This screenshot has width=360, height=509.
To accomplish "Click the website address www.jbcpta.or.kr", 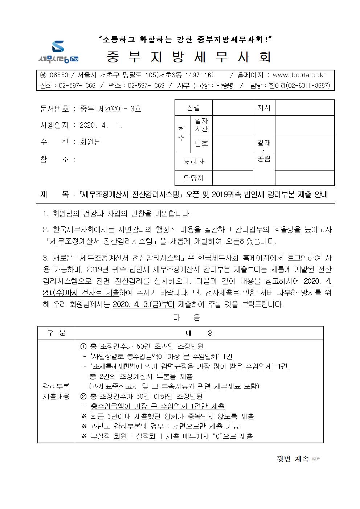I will click(299, 75).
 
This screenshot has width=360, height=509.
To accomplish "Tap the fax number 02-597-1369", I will click(146, 86).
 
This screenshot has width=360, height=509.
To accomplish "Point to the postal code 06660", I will click(58, 75).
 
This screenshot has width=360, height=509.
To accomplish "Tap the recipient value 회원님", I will click(90, 142).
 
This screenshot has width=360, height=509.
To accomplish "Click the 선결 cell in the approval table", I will click(193, 108).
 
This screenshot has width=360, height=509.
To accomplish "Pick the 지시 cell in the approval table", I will click(264, 108).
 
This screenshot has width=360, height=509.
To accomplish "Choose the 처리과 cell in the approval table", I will click(193, 161).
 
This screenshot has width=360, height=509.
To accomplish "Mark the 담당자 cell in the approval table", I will click(193, 178).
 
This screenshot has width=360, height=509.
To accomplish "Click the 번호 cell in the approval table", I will click(201, 143).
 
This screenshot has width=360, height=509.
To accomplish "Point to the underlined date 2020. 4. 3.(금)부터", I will click(144, 304).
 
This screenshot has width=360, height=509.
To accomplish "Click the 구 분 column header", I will click(57, 333).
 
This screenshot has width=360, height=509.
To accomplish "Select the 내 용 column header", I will click(199, 333).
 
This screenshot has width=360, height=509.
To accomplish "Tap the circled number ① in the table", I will click(83, 346).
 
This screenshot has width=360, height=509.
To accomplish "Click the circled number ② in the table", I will click(83, 396).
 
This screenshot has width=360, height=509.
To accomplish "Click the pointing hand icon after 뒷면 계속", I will click(316, 459).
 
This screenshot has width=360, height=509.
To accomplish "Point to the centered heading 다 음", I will click(187, 318).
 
